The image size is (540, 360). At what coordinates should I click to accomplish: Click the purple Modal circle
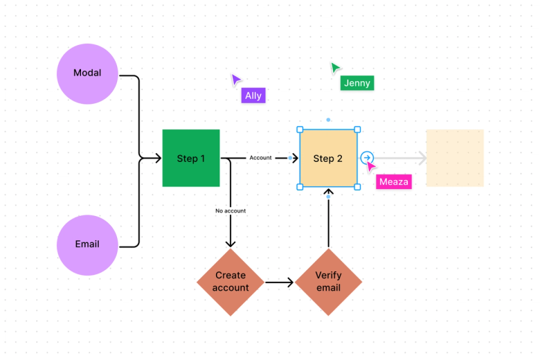pyautogui.click(x=87, y=73)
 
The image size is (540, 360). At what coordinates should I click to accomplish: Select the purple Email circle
pyautogui.click(x=87, y=244)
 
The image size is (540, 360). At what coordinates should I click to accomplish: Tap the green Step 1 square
pyautogui.click(x=191, y=159)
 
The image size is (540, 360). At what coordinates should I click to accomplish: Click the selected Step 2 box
pyautogui.click(x=328, y=159)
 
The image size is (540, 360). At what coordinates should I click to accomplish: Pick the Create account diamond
pyautogui.click(x=231, y=282)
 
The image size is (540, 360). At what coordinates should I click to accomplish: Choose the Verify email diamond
pyautogui.click(x=328, y=282)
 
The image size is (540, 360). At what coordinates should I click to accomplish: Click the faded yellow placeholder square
pyautogui.click(x=454, y=158)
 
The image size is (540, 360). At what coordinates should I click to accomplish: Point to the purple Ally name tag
pyautogui.click(x=253, y=96)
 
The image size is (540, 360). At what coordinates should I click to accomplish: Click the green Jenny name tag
pyautogui.click(x=357, y=83)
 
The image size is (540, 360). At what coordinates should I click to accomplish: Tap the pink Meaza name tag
pyautogui.click(x=394, y=182)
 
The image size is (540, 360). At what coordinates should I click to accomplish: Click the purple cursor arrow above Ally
pyautogui.click(x=236, y=80)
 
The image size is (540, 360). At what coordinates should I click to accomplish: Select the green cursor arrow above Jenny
pyautogui.click(x=335, y=68)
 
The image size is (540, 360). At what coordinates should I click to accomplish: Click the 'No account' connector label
pyautogui.click(x=231, y=210)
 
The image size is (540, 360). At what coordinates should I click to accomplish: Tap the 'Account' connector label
pyautogui.click(x=260, y=158)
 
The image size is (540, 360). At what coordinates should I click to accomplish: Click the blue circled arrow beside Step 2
pyautogui.click(x=367, y=158)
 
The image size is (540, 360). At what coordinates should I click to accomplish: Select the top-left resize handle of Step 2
pyautogui.click(x=300, y=129)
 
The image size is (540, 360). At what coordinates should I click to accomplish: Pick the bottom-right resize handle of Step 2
pyautogui.click(x=357, y=187)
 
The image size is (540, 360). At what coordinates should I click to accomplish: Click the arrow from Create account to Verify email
pyautogui.click(x=280, y=282)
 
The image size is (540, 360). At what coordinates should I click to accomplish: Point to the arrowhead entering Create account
pyautogui.click(x=231, y=243)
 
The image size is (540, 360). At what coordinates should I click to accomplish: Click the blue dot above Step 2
pyautogui.click(x=328, y=120)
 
